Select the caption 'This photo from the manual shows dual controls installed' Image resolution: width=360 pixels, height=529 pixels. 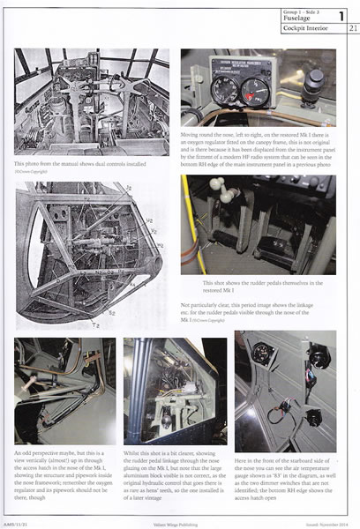79,163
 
